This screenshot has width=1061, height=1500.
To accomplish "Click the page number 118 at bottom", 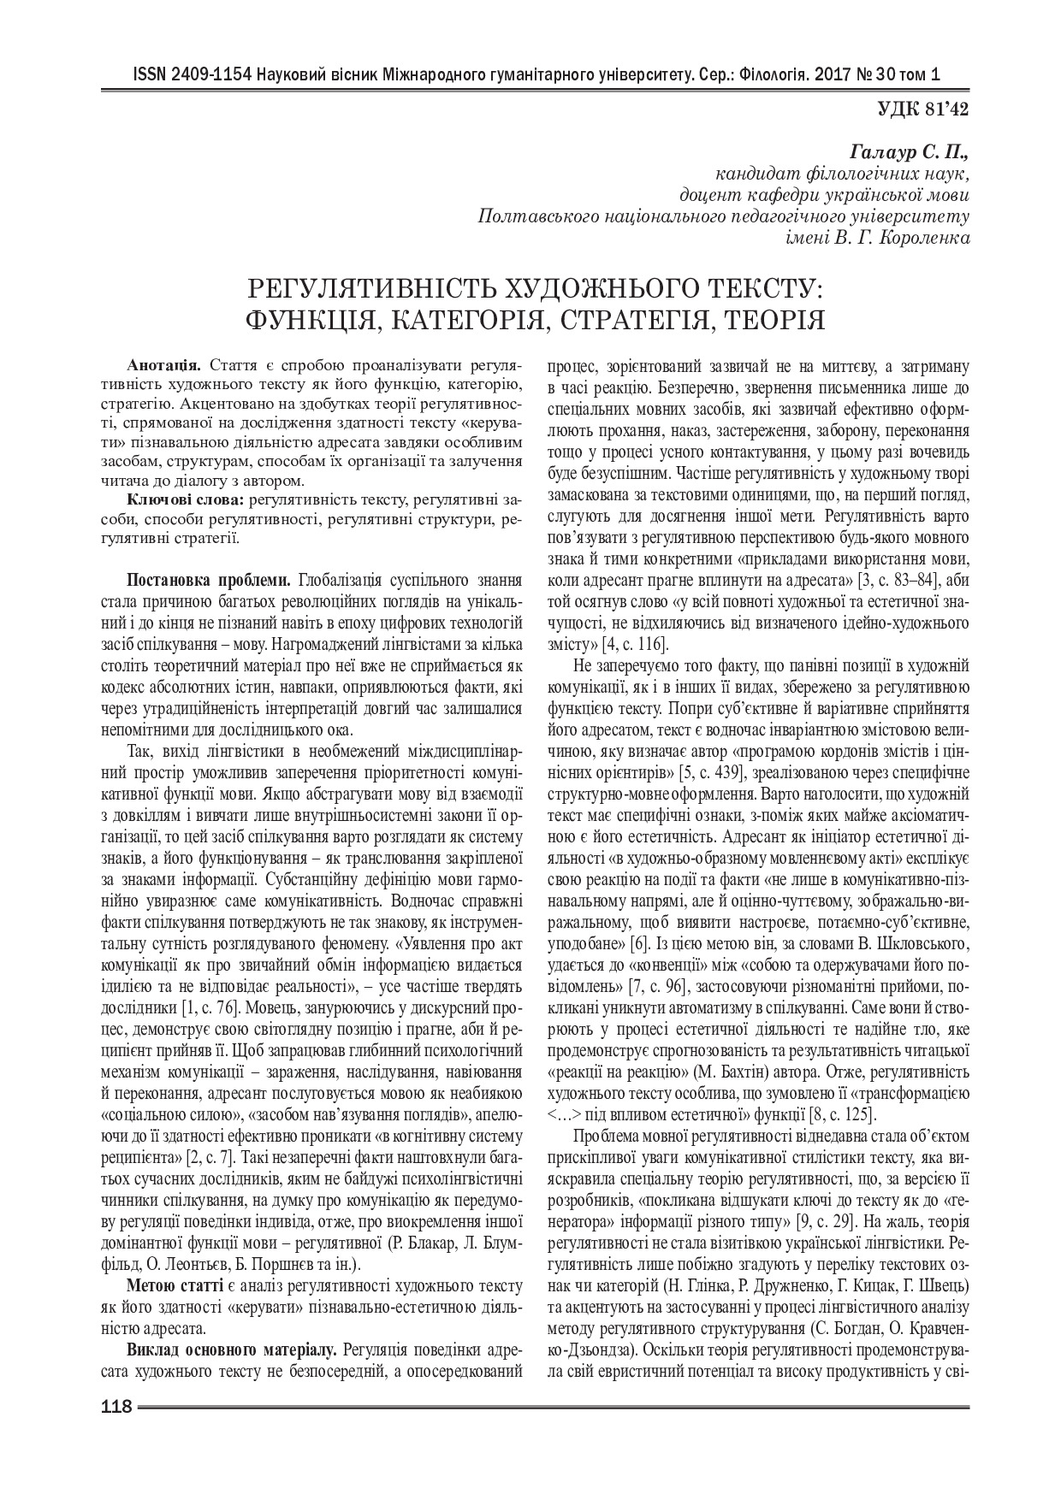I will point(116,1407).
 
